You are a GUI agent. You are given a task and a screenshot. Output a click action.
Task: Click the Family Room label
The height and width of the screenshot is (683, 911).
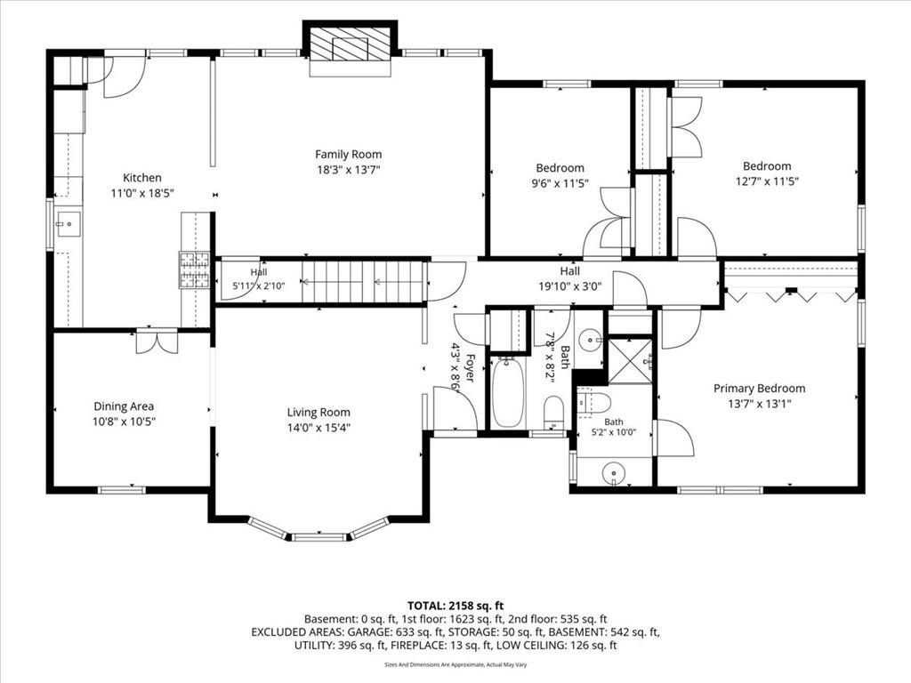[349, 155]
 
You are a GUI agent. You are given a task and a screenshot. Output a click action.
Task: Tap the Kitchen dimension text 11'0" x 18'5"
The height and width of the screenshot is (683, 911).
[142, 193]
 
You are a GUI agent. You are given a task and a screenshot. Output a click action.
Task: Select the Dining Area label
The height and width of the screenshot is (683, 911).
[124, 406]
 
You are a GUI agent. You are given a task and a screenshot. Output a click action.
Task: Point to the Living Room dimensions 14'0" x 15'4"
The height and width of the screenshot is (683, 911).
[318, 428]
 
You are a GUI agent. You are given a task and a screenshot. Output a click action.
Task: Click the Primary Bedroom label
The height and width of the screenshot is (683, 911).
[760, 389]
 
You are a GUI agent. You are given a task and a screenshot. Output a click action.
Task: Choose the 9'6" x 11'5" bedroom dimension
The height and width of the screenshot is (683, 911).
[560, 183]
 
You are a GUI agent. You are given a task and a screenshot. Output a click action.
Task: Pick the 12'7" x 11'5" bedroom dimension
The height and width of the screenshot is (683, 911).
[767, 181]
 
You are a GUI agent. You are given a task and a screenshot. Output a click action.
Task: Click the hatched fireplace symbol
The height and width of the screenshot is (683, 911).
[350, 44]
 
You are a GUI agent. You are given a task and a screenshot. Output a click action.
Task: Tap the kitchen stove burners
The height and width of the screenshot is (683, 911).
[194, 270]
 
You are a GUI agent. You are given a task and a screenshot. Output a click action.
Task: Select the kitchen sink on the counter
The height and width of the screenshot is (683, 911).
[69, 223]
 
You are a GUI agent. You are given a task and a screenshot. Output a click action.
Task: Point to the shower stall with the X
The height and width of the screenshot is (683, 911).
[630, 360]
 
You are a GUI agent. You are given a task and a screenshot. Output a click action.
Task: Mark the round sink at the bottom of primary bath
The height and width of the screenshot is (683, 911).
[614, 472]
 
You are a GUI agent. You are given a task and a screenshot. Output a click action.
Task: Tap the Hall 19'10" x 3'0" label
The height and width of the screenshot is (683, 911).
[570, 278]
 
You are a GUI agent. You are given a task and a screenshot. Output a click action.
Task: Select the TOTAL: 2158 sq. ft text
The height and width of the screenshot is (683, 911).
[455, 607]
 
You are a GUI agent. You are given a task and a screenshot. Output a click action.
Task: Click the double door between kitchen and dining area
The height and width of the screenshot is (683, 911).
[157, 341]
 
